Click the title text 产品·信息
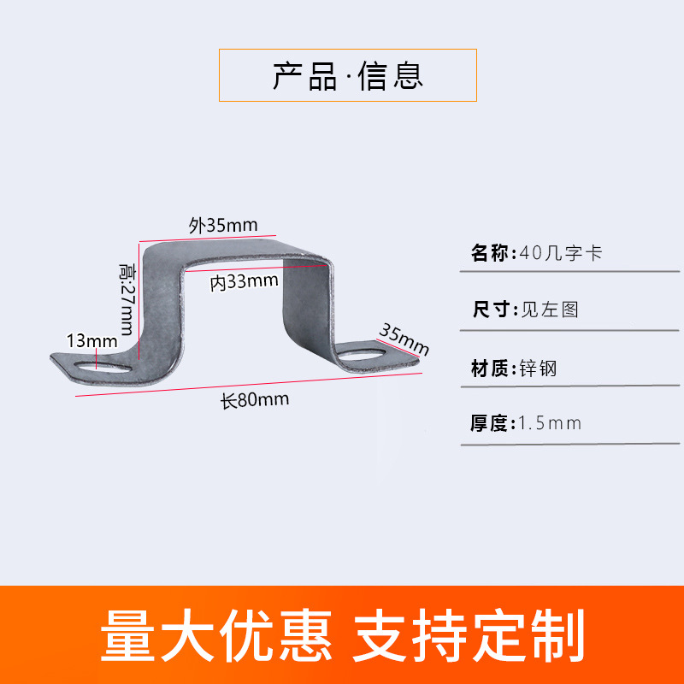348,76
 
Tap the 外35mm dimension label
223,226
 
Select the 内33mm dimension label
244,281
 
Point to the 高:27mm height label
127,299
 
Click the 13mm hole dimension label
91,341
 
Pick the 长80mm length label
255,399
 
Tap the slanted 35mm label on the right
404,339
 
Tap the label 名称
489,253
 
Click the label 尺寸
489,310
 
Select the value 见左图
551,310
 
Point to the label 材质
489,369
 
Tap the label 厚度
489,423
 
